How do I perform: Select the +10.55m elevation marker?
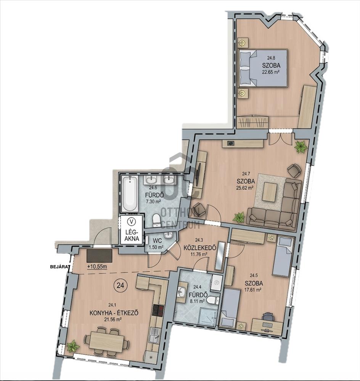tap(97, 267)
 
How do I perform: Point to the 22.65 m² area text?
tap(270, 72)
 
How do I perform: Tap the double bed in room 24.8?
tap(264, 68)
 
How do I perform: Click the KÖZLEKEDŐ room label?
tap(200, 248)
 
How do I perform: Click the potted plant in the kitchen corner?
tap(73, 346)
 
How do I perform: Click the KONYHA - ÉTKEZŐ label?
tap(114, 313)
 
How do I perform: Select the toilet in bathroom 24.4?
tap(212, 300)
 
